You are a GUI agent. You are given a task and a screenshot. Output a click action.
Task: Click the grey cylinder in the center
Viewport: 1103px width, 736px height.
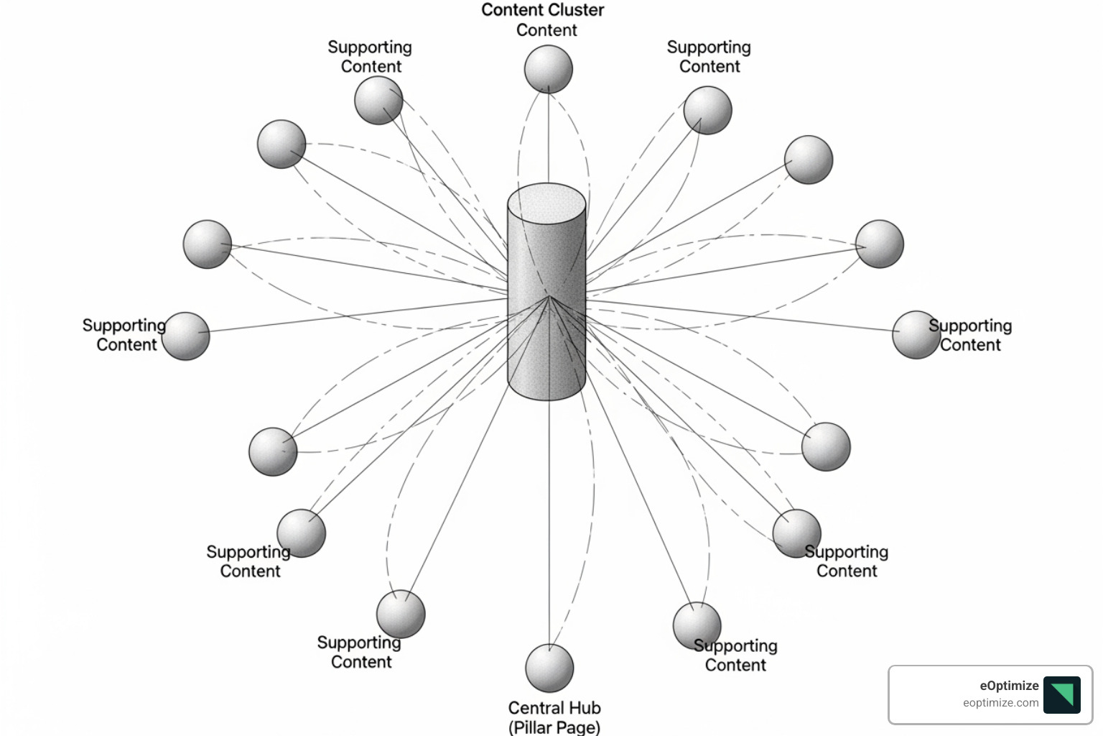click(546, 316)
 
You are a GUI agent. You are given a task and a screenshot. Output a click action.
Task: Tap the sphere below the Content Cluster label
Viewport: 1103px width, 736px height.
click(548, 69)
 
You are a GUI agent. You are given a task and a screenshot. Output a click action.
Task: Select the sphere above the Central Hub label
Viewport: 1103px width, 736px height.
click(549, 668)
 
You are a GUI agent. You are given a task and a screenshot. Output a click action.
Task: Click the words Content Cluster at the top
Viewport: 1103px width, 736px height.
click(542, 10)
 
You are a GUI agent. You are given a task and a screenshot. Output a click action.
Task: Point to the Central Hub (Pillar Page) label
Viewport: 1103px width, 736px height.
click(554, 717)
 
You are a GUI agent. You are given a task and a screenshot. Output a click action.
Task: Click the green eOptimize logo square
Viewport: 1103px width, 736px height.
click(1061, 694)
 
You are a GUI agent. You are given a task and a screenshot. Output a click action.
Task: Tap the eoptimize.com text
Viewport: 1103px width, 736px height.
click(1000, 703)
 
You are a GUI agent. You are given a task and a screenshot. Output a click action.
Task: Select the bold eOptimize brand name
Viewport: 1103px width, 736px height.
click(1009, 686)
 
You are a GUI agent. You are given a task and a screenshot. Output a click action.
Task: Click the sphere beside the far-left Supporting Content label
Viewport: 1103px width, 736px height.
click(186, 336)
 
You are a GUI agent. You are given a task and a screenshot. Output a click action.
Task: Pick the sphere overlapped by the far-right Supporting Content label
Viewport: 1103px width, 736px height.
click(915, 334)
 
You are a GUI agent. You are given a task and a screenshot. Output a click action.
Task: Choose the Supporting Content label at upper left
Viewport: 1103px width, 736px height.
click(370, 57)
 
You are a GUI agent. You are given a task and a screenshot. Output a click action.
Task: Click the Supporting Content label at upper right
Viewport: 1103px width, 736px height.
click(709, 57)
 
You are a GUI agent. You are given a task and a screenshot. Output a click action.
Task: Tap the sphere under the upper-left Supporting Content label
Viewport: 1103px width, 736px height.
click(378, 101)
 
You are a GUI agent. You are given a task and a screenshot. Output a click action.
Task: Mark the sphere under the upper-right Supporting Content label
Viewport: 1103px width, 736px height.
click(707, 110)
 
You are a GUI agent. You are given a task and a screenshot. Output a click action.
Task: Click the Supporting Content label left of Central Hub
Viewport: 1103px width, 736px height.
click(359, 652)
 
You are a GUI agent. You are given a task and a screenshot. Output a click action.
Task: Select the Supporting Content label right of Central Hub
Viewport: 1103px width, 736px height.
click(735, 655)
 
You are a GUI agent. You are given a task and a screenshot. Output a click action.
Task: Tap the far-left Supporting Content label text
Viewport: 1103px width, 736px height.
click(124, 335)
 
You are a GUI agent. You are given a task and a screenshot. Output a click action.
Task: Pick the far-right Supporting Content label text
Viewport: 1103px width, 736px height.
click(970, 335)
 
